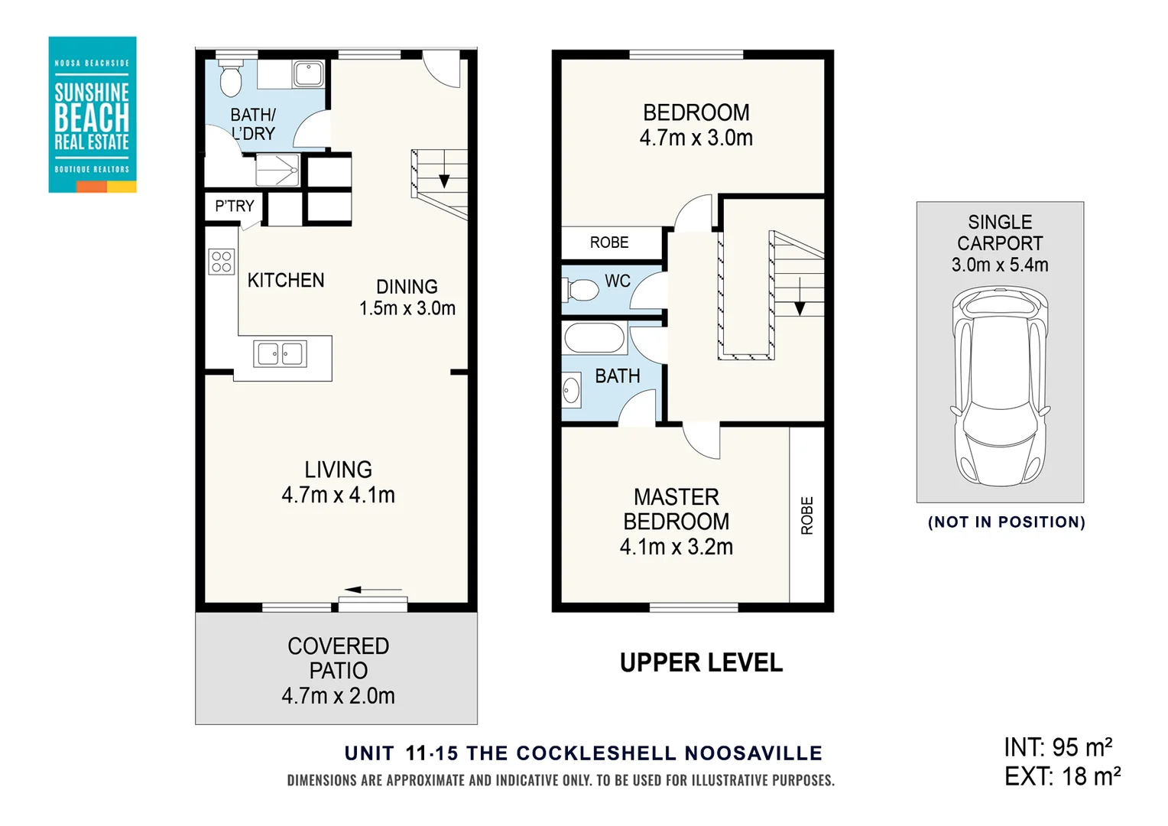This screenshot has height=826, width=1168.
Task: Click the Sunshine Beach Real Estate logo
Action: pyautogui.click(x=92, y=115)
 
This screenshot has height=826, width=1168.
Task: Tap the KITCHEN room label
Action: pyautogui.click(x=286, y=281)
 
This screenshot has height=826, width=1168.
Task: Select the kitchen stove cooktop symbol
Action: pyautogui.click(x=222, y=262)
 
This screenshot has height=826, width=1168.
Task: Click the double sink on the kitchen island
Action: pyautogui.click(x=281, y=354)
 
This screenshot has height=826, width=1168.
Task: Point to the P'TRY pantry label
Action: pyautogui.click(x=234, y=206)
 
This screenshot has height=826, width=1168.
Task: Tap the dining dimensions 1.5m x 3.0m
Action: pyautogui.click(x=407, y=308)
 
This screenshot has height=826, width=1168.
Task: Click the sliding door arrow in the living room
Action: pyautogui.click(x=372, y=590)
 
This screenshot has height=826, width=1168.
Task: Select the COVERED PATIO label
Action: pyautogui.click(x=338, y=659)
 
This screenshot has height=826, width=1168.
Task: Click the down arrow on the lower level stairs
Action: pyautogui.click(x=444, y=180)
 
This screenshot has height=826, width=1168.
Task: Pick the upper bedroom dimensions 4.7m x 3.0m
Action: pyautogui.click(x=696, y=138)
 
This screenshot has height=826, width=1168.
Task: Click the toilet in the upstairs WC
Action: pyautogui.click(x=582, y=291)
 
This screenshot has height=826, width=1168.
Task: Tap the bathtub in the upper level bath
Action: pyautogui.click(x=595, y=337)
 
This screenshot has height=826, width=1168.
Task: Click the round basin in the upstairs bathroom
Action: pyautogui.click(x=571, y=392)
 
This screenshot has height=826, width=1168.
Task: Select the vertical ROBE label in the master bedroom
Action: pyautogui.click(x=807, y=515)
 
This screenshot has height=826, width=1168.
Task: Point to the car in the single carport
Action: pyautogui.click(x=999, y=386)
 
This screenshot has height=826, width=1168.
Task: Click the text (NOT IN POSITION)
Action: pyautogui.click(x=1006, y=522)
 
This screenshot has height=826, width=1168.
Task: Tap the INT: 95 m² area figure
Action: pyautogui.click(x=1058, y=747)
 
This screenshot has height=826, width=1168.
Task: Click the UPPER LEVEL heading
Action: pyautogui.click(x=701, y=662)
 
